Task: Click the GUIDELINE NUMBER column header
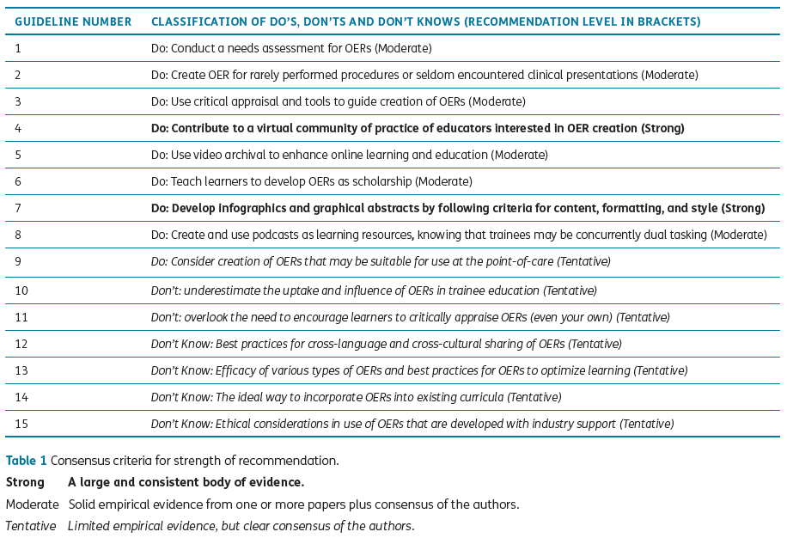[x=73, y=21]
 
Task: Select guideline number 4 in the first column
[x=19, y=129]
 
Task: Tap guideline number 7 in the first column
[x=19, y=209]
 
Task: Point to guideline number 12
[x=21, y=344]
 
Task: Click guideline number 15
[x=21, y=424]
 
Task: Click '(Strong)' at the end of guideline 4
[x=662, y=129]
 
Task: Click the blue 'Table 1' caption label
[x=27, y=461]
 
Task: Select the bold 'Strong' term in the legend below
[x=25, y=483]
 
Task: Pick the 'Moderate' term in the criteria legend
[x=33, y=504]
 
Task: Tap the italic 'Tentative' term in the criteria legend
[x=31, y=526]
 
